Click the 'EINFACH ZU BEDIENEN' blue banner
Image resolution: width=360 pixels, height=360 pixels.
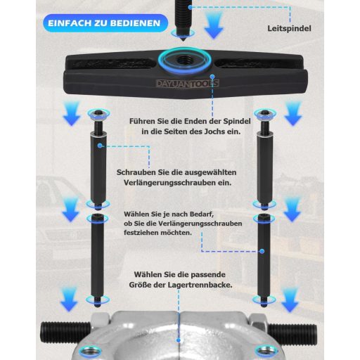pos(105,23)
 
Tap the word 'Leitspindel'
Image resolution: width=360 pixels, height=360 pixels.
pos(289,29)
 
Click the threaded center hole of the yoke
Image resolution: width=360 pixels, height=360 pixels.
pos(183,60)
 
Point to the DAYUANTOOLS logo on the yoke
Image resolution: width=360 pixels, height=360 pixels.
pos(188,84)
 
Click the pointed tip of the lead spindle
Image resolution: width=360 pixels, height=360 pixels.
pos(183,41)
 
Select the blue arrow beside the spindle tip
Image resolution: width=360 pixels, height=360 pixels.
pos(214,25)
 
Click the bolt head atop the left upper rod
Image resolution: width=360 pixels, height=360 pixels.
pos(99,114)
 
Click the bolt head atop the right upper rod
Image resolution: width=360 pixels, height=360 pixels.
pos(265,114)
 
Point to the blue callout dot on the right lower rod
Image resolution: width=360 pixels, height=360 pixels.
pos(262,251)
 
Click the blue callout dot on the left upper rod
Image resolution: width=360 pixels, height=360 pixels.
pos(100,146)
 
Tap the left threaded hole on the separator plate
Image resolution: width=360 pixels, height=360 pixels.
pos(90,352)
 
